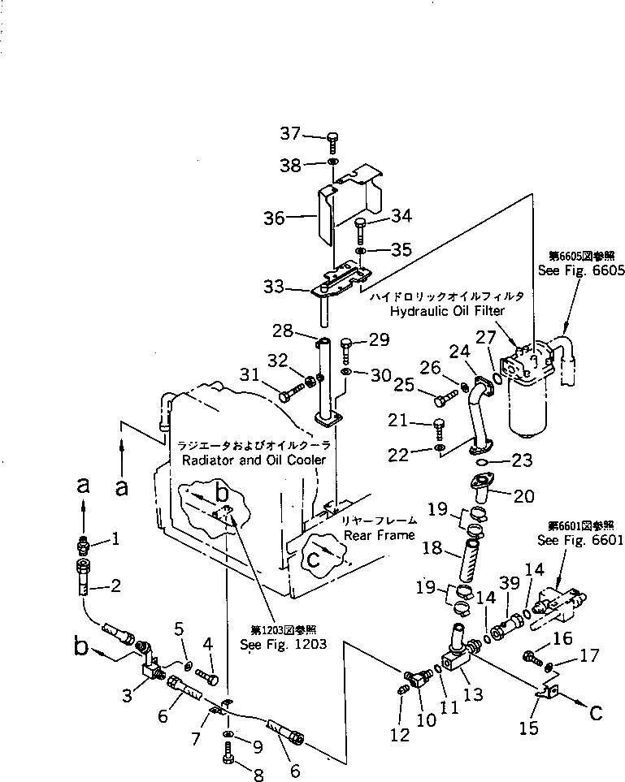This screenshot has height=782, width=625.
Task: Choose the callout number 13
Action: [473, 695]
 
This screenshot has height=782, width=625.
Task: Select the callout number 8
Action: [258, 776]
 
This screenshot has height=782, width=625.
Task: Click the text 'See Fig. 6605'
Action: [580, 271]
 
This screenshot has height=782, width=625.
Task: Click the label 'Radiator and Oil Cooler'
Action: [255, 460]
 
